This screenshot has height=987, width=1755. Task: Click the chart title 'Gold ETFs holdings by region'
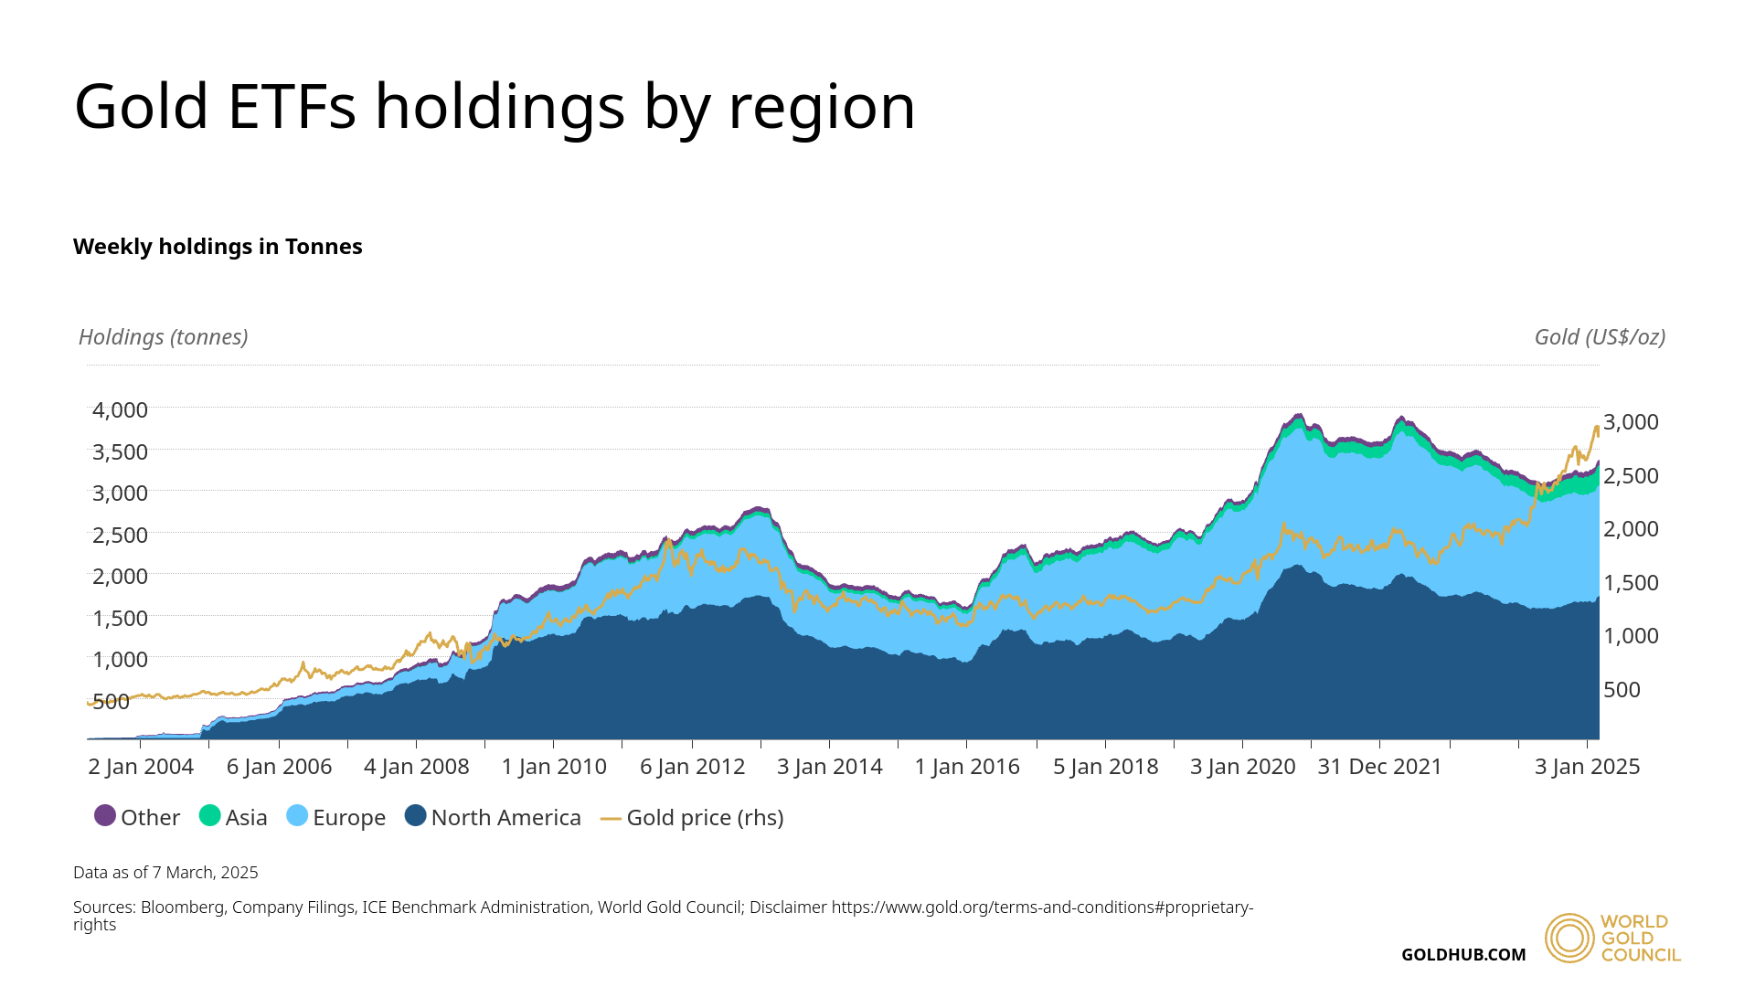495,107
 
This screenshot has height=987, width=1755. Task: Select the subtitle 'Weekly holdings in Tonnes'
218,247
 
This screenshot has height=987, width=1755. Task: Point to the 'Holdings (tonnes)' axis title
163,337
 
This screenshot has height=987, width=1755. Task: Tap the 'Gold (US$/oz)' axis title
1600,337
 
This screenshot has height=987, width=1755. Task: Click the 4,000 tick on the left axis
120,410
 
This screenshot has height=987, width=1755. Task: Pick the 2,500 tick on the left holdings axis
120,535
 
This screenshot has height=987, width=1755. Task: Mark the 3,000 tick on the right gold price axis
1631,422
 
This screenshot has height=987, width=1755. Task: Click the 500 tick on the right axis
1622,690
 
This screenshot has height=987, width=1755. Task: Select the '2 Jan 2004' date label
141,767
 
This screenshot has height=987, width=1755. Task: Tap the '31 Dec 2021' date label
1379,767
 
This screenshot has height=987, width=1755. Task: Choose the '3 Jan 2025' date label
1587,767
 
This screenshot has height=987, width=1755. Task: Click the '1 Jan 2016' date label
967,767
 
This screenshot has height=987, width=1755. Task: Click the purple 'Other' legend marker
105,815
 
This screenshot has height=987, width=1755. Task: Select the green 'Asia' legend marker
210,815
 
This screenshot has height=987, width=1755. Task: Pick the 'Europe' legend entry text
349,818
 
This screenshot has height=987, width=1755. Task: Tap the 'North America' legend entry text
505,818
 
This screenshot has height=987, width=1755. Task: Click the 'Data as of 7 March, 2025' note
165,873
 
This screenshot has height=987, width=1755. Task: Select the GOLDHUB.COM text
1463,955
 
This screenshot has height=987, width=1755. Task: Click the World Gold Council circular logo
1569,938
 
